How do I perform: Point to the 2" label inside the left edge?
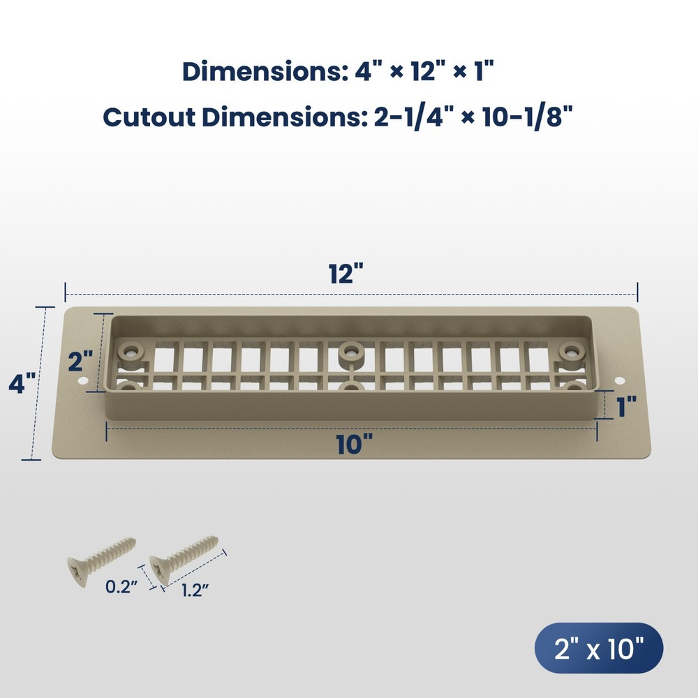pyautogui.click(x=81, y=362)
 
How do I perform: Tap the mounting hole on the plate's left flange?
pyautogui.click(x=83, y=381)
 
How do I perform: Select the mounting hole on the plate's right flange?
pyautogui.click(x=618, y=380)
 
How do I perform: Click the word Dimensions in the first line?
pyautogui.click(x=262, y=71)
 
